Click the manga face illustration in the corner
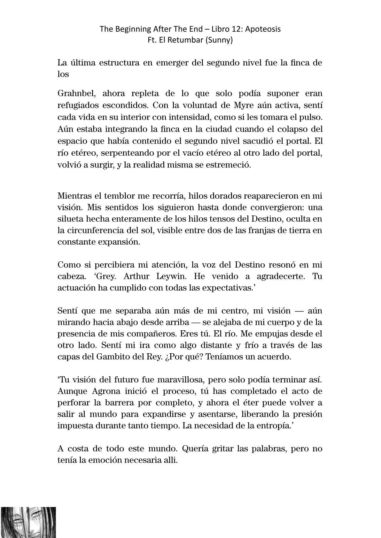(28, 522)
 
